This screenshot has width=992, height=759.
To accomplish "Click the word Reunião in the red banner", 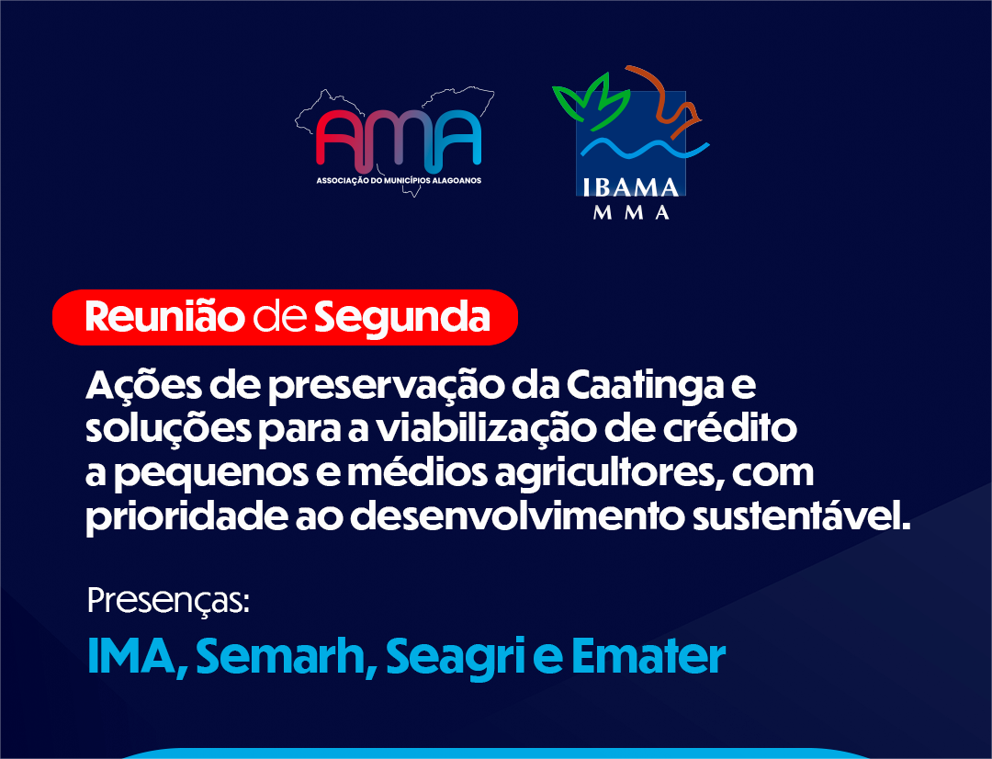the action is pyautogui.click(x=164, y=316).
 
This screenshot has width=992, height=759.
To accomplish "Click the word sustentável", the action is pyautogui.click(x=801, y=515).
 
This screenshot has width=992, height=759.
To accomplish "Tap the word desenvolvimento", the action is pyautogui.click(x=517, y=515).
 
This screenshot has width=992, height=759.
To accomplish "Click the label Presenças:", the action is pyautogui.click(x=168, y=600).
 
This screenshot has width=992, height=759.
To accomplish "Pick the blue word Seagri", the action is pyautogui.click(x=457, y=659).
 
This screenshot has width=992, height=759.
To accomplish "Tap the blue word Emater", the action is pyautogui.click(x=648, y=657).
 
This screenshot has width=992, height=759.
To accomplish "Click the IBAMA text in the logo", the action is pyautogui.click(x=630, y=188).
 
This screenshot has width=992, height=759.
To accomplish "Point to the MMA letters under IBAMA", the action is pyautogui.click(x=631, y=212).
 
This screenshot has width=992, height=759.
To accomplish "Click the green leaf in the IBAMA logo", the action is pyautogui.click(x=592, y=101).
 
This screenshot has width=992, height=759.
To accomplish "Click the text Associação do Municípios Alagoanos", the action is pyautogui.click(x=399, y=180).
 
